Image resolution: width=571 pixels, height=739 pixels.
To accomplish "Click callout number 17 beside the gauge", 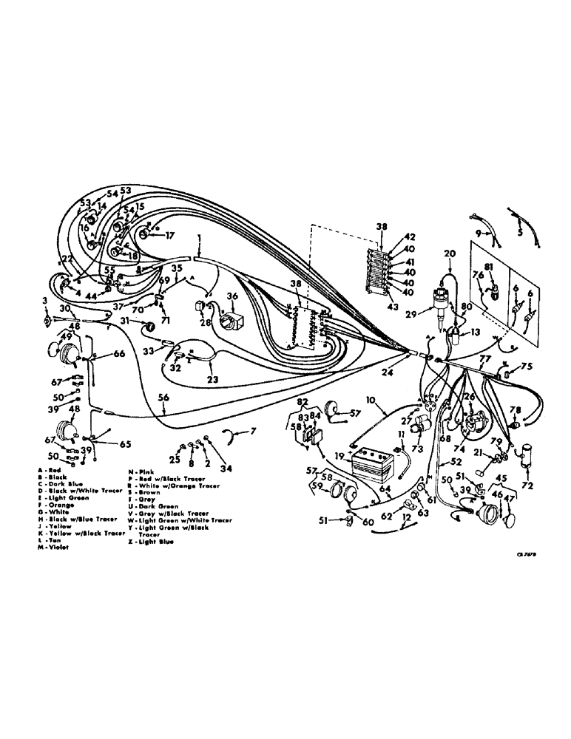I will (x=170, y=236).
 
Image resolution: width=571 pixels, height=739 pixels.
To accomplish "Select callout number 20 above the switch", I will (x=448, y=254).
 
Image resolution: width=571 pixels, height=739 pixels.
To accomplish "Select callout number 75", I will (x=527, y=366).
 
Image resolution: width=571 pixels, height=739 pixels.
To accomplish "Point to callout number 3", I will (x=45, y=302).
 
